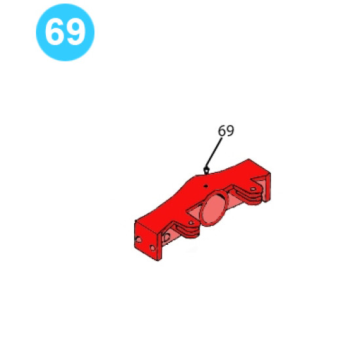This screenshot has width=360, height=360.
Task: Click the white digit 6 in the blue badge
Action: point(54,31)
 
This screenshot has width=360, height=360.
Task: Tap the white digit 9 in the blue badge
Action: point(75,31)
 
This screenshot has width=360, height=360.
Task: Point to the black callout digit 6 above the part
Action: point(222,131)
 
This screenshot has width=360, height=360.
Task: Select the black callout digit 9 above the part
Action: point(230,131)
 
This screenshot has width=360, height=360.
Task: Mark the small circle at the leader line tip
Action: point(206,170)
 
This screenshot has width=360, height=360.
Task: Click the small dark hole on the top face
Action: point(206,186)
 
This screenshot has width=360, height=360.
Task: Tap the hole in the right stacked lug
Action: point(253,189)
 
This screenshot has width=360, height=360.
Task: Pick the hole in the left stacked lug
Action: point(191,223)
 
